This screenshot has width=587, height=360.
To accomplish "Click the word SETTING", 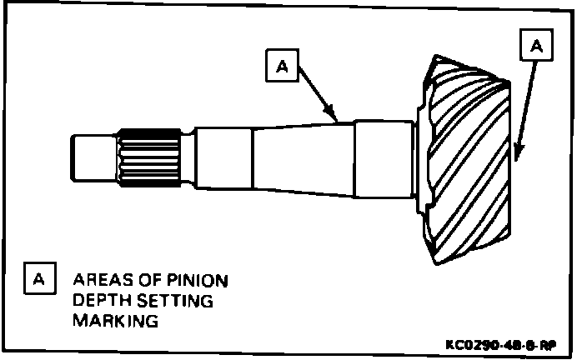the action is click(177, 299).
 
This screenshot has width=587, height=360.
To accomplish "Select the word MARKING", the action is click(115, 320).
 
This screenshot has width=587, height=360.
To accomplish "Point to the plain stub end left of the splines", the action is click(93, 157).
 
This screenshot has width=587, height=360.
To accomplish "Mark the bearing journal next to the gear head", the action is click(384, 157).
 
